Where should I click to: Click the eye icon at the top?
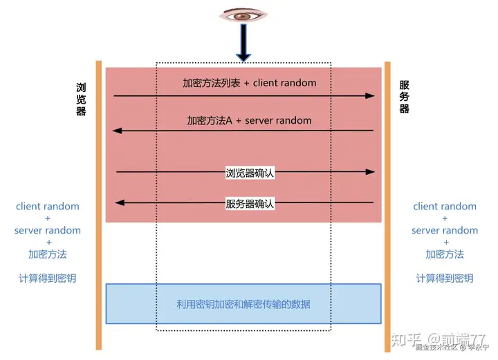(243, 15)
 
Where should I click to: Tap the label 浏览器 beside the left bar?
(81, 100)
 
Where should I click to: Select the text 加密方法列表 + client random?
(249, 83)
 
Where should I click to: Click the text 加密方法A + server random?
(249, 120)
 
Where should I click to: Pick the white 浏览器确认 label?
(250, 173)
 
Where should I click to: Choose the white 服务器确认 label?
(250, 204)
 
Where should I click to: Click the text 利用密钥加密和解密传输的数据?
(243, 304)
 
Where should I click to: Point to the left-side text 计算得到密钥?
(48, 278)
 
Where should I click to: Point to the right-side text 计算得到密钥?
(445, 278)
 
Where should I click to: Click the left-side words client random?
(48, 206)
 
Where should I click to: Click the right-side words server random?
(445, 230)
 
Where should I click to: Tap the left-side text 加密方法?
(48, 254)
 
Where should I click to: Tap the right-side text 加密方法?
(445, 254)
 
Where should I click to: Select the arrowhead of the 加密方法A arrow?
(117, 130)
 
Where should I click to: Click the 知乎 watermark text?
(404, 340)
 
